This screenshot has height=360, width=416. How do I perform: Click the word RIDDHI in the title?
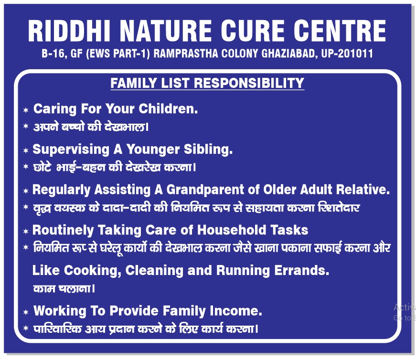point(69,31)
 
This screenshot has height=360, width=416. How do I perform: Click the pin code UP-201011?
point(347,53)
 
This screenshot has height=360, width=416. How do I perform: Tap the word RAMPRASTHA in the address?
point(186,53)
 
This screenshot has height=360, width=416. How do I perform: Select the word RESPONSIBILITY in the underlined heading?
point(249,83)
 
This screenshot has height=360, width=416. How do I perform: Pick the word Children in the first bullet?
point(168,109)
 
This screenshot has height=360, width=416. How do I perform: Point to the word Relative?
point(363,190)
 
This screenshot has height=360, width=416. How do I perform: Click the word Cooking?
point(92,271)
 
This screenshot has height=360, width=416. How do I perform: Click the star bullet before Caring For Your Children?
point(26,110)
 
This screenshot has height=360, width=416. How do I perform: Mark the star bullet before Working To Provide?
point(26,312)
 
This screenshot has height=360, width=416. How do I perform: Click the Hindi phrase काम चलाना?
point(64,288)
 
